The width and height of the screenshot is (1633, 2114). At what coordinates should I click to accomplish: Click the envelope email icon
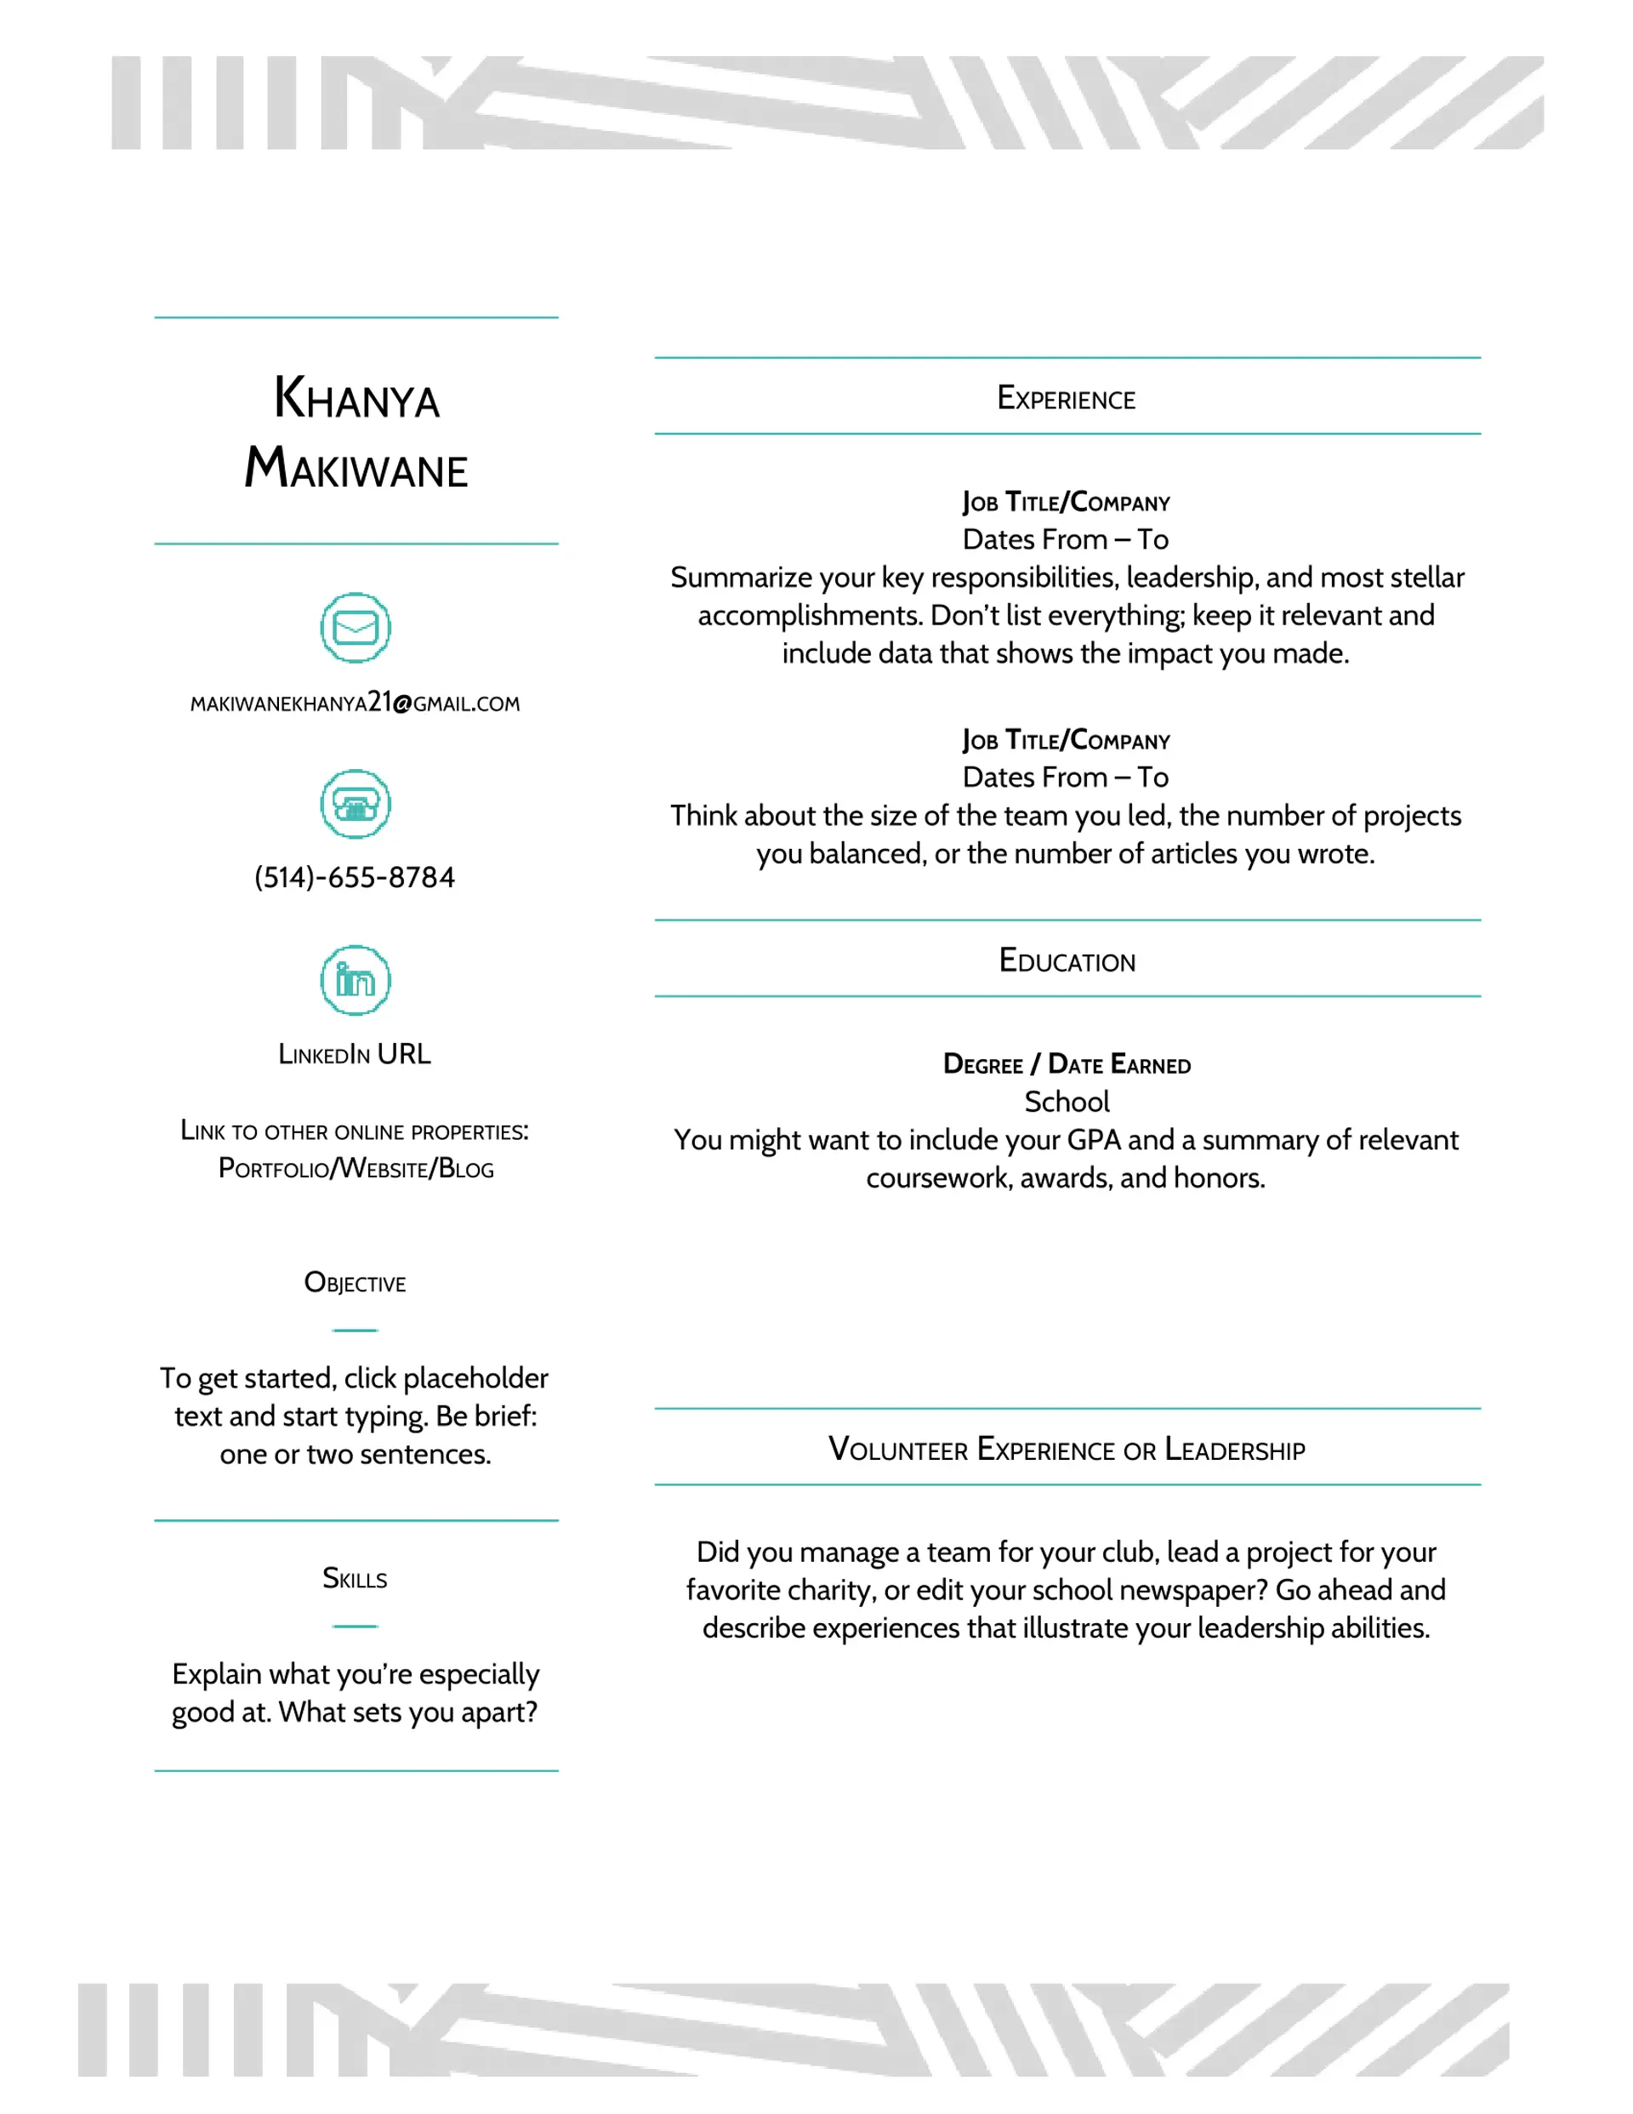tap(356, 627)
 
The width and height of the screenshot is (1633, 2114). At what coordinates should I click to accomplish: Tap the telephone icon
tap(356, 803)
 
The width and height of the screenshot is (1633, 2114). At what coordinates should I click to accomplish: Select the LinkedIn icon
tap(356, 979)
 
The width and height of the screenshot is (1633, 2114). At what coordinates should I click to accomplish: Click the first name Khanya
tap(356, 398)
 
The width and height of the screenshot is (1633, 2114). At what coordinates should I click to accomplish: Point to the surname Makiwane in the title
tap(356, 469)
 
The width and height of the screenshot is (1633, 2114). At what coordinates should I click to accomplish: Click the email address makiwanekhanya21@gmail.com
tap(356, 703)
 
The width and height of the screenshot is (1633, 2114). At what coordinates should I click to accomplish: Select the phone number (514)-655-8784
tap(355, 877)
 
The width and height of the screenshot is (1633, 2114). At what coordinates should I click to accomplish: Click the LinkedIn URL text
tap(355, 1053)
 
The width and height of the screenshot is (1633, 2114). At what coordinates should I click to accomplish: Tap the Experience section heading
tap(1066, 398)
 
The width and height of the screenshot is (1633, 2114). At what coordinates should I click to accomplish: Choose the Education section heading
tap(1067, 960)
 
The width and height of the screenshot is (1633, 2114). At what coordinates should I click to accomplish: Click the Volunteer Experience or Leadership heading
tap(1067, 1449)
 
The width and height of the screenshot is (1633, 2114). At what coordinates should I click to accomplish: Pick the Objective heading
tap(356, 1283)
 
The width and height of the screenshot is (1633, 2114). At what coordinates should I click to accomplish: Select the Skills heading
tap(356, 1579)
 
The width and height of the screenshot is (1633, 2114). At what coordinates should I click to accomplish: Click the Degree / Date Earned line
tap(1067, 1063)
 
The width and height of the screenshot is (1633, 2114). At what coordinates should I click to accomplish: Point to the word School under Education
tap(1067, 1102)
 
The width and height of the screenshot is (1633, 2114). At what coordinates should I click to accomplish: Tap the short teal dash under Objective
tap(356, 1330)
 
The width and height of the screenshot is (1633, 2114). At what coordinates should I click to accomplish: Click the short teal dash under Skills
tap(356, 1627)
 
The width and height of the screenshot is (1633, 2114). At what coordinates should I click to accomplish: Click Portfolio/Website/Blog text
tap(356, 1168)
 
